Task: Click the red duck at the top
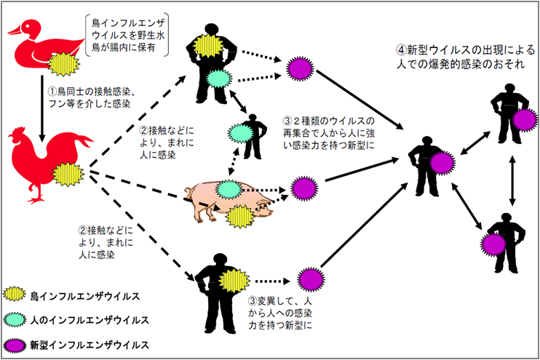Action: [33, 47]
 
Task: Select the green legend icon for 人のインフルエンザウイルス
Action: [15, 319]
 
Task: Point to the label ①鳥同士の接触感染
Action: [92, 92]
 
